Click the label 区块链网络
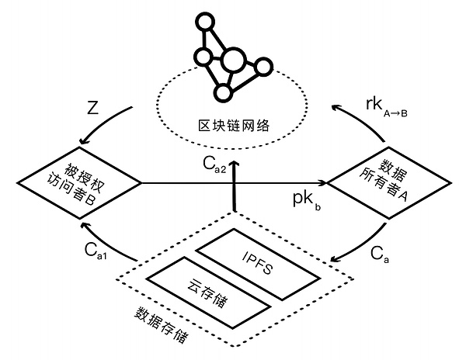point(232,124)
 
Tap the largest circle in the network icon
point(234,59)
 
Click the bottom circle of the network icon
point(223,93)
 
